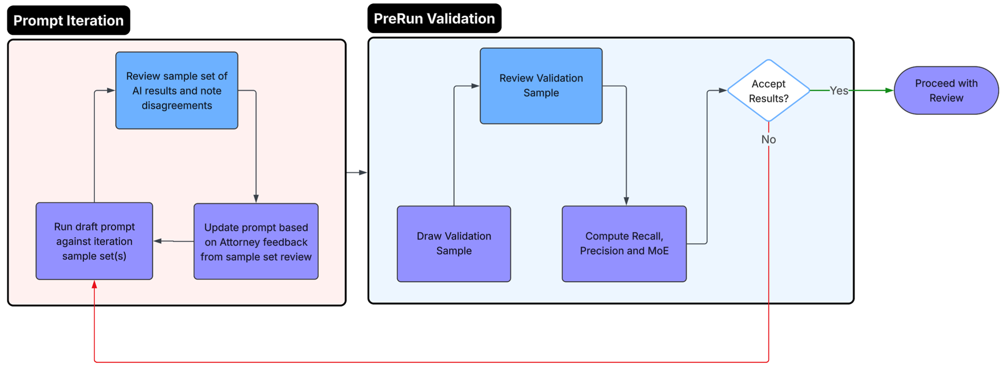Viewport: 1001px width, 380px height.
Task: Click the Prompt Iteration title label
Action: [69, 20]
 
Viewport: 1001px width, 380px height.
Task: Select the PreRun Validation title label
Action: [434, 19]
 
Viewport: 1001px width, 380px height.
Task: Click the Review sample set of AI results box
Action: [177, 91]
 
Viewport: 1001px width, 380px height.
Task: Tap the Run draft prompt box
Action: [94, 241]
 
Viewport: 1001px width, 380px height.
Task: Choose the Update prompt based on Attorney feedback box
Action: [256, 241]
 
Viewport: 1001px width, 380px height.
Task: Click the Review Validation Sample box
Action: [541, 86]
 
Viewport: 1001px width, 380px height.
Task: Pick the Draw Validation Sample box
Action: [454, 244]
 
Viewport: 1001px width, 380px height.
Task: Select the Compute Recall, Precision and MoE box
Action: [624, 244]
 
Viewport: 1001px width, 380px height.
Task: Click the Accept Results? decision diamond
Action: [768, 91]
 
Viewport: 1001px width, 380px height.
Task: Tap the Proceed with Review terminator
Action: [946, 91]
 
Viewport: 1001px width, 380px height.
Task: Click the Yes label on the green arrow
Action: [839, 91]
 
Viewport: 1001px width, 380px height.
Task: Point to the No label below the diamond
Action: [768, 140]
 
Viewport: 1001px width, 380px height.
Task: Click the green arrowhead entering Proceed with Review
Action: [889, 91]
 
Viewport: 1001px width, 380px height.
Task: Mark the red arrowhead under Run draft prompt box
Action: [94, 284]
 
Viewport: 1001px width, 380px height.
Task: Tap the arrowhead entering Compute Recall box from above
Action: [626, 201]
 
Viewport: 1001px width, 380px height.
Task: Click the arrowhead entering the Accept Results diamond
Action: [722, 91]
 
